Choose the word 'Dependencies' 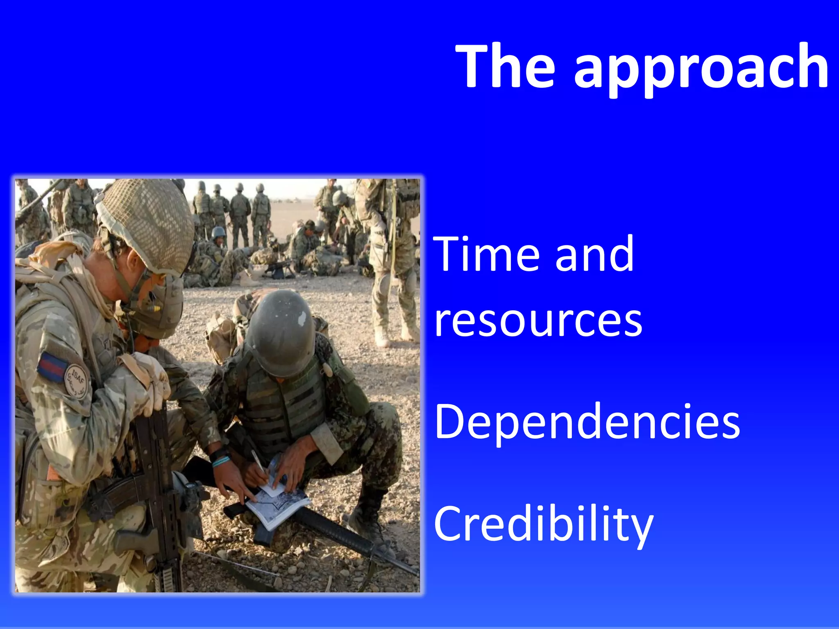[x=587, y=422]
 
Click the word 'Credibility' [x=543, y=525]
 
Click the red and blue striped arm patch [x=52, y=366]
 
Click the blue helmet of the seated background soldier [x=218, y=233]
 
